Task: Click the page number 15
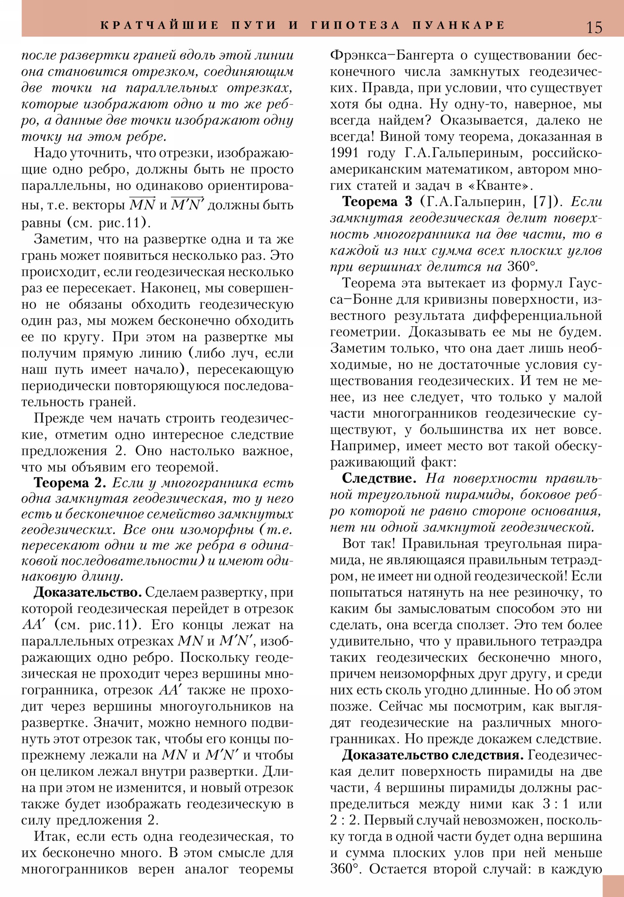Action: (594, 27)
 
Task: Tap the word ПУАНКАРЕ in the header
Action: (458, 25)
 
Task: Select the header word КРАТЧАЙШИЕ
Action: (160, 25)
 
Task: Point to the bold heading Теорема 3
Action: (377, 202)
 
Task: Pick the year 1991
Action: (345, 153)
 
